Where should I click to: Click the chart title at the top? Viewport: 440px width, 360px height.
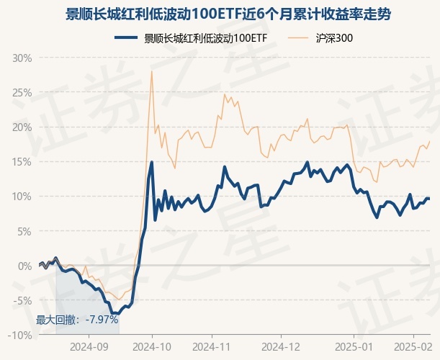coord(220,14)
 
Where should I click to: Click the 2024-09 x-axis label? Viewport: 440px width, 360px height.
coord(89,346)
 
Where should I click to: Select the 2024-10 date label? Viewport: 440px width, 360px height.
coord(152,346)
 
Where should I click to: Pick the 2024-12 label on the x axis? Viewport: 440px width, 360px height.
coord(281,346)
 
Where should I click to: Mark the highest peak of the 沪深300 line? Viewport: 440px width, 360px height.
coord(151,71)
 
